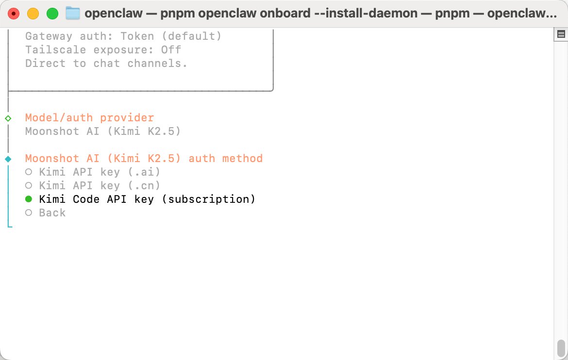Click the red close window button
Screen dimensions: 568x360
pos(14,14)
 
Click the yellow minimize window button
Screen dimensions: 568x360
pos(33,14)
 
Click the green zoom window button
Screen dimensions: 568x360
pos(52,14)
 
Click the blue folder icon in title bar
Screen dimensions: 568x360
pos(72,14)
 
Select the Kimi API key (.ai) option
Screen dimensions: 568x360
pos(99,172)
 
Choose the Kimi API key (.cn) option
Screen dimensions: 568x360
pos(99,185)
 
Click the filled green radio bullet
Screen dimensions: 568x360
pos(29,199)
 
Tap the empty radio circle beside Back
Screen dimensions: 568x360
pos(29,213)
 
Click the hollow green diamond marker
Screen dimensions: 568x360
pos(8,118)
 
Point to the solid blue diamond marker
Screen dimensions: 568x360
pos(8,159)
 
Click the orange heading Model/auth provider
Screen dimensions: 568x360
pos(89,118)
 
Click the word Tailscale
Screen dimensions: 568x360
pos(55,49)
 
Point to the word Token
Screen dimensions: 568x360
pos(137,36)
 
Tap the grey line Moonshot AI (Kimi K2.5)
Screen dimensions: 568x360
pos(102,131)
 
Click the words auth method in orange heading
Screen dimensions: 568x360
pos(225,158)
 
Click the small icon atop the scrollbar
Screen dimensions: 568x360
pos(561,34)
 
